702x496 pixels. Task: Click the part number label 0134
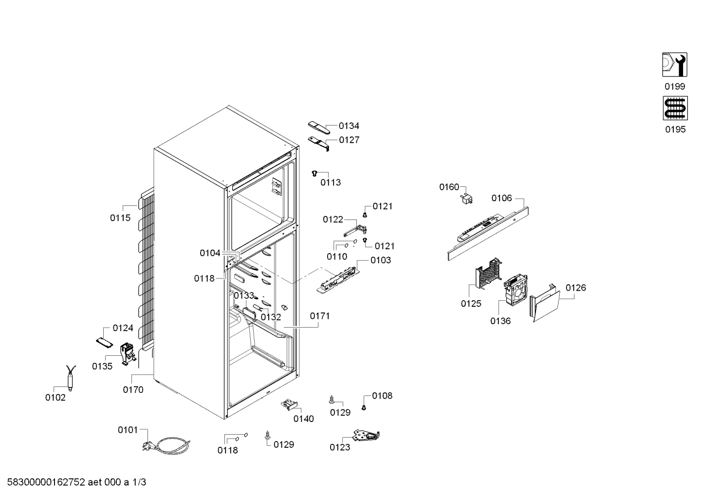(349, 126)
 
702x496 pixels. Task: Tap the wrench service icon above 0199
(675, 65)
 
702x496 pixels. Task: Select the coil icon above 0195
(675, 108)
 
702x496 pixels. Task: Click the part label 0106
(501, 198)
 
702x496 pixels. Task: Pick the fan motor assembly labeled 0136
(516, 290)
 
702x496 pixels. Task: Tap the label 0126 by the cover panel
(576, 288)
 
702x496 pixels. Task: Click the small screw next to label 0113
(315, 173)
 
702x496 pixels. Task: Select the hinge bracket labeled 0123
(367, 436)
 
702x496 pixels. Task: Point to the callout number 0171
(320, 316)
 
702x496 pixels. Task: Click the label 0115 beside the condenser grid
(120, 218)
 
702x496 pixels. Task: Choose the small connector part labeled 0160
(466, 199)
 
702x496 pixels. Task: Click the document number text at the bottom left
(76, 482)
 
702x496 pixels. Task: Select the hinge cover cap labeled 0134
(319, 127)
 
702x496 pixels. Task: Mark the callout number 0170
(133, 390)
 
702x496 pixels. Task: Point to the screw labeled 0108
(364, 407)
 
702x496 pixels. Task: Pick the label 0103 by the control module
(381, 260)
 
